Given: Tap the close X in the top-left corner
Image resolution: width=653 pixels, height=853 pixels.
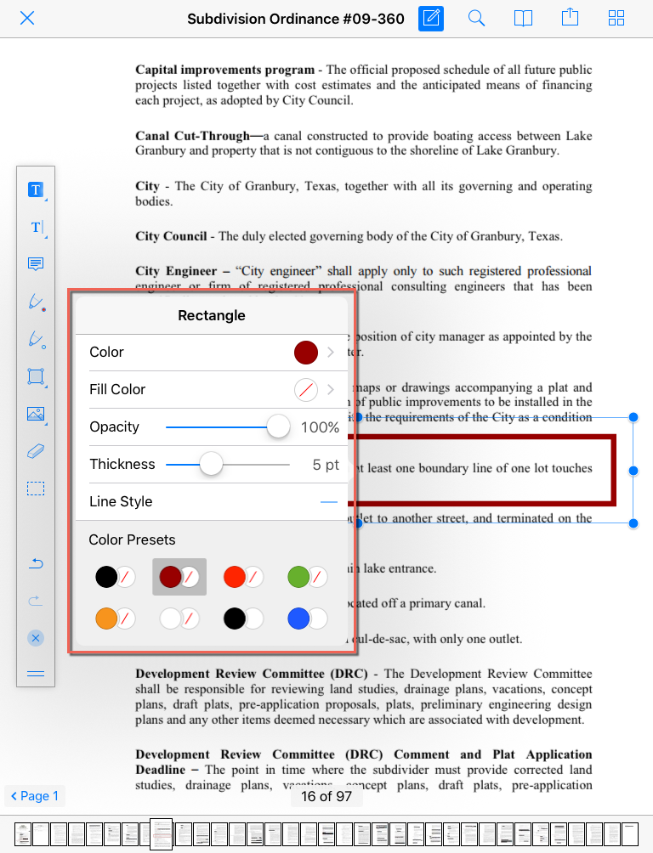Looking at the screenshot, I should click(x=27, y=18).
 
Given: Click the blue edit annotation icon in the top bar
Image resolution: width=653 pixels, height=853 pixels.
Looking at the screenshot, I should click(x=431, y=18).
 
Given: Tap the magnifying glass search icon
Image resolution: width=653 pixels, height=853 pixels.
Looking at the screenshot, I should click(x=477, y=18).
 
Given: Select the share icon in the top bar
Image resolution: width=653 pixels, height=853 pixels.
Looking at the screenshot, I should click(x=570, y=18).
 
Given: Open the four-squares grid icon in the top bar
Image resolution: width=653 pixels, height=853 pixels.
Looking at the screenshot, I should click(x=616, y=18).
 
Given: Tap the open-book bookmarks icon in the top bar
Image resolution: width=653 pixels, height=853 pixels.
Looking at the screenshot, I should click(x=524, y=18).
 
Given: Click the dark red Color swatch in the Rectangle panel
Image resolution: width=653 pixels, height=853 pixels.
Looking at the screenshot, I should click(x=306, y=352).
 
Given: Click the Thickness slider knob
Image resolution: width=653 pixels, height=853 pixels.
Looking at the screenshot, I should click(x=210, y=464).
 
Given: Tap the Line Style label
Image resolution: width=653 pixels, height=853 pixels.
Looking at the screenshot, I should click(x=121, y=501).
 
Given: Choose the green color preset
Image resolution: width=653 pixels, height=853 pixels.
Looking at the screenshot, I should click(x=298, y=577).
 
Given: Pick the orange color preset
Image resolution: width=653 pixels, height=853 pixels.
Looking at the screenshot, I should click(x=106, y=618).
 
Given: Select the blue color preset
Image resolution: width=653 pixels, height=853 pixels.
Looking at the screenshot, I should click(x=298, y=618).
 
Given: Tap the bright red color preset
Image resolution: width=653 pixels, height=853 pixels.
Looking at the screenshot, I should click(x=235, y=577).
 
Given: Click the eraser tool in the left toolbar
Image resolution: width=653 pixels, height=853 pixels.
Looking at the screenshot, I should click(x=36, y=451).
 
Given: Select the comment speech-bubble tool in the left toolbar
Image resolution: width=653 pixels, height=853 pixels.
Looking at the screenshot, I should click(x=36, y=264).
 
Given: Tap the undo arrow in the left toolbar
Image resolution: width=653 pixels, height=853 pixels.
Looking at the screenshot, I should click(x=36, y=564).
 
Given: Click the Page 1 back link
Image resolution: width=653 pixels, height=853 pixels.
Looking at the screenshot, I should click(x=35, y=796).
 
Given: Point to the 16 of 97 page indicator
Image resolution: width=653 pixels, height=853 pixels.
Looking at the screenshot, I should click(x=326, y=796).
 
